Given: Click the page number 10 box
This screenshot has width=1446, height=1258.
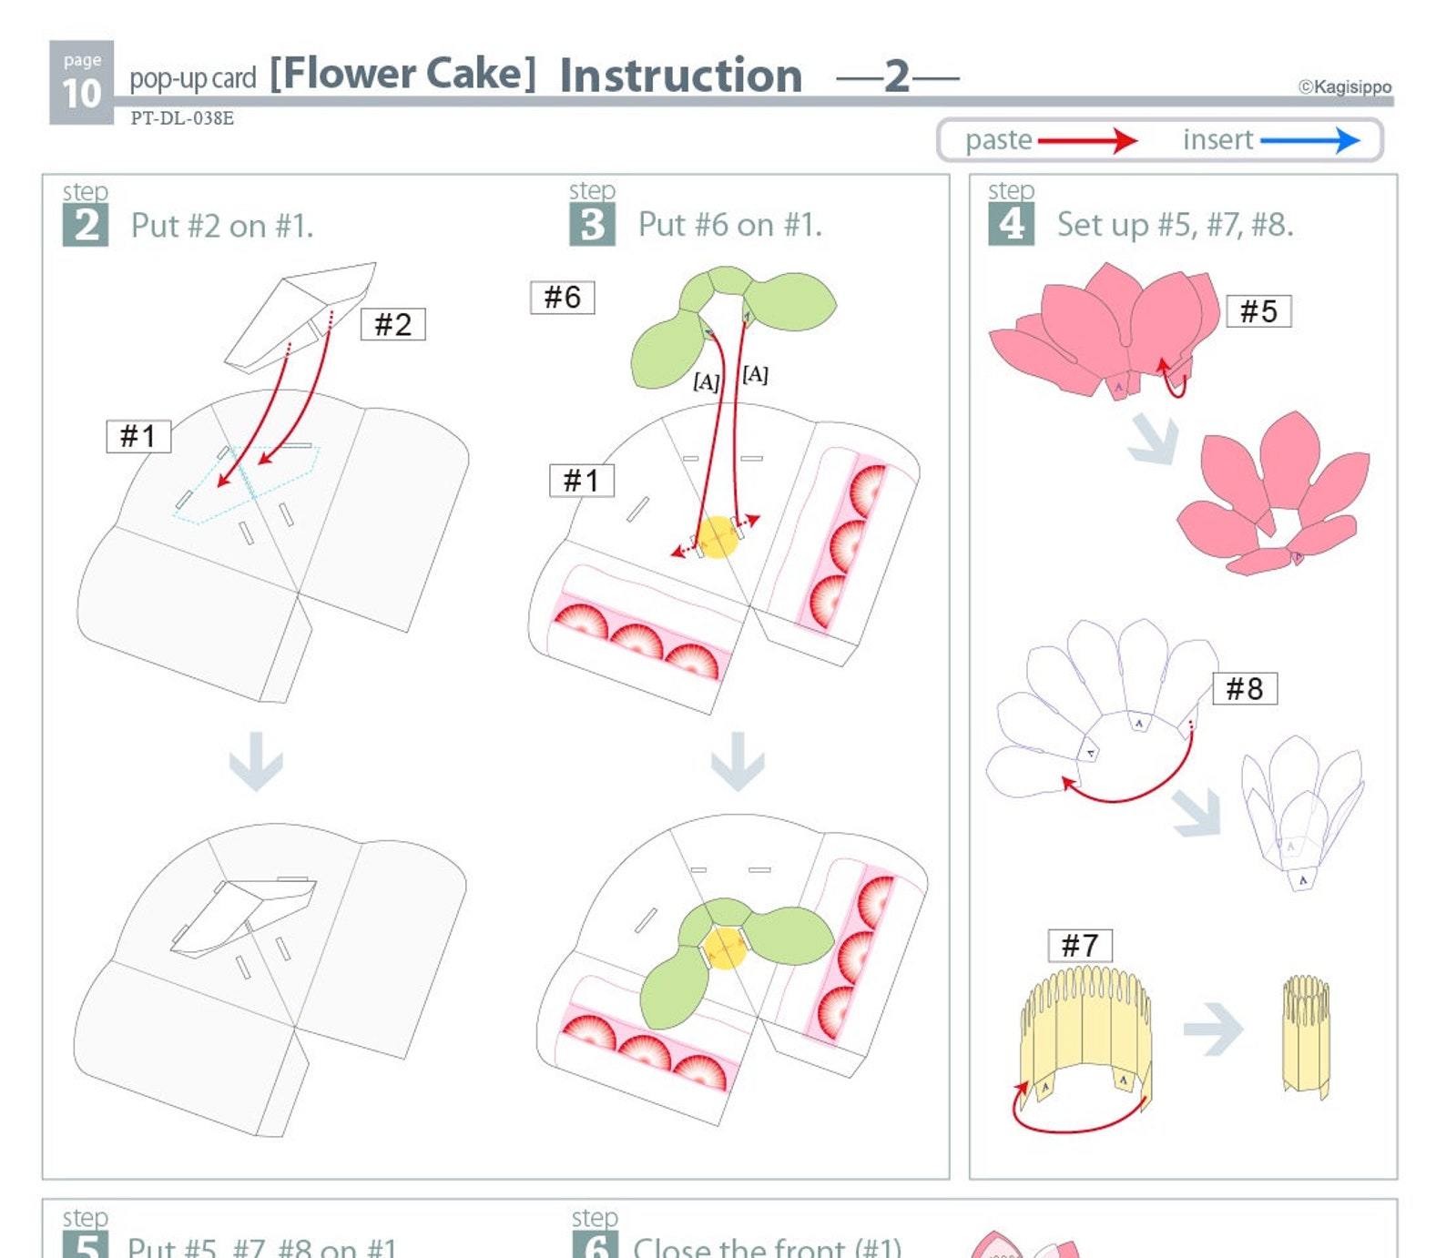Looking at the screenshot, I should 81,82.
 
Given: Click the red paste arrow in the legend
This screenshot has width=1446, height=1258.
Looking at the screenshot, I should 1087,140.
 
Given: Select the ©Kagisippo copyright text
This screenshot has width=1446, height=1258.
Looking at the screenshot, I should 1344,86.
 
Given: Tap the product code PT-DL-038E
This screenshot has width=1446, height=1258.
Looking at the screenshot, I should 182,118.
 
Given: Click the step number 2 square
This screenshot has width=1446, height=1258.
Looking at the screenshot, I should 86,225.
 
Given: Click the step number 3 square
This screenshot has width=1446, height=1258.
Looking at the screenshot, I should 592,224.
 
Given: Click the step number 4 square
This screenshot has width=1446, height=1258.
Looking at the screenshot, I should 1011,224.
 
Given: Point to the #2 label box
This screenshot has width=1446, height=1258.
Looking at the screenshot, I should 393,324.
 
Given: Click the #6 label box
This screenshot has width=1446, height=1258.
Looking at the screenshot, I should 562,297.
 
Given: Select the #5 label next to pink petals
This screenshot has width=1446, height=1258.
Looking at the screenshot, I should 1258,311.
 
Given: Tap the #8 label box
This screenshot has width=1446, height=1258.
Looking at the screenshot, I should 1244,688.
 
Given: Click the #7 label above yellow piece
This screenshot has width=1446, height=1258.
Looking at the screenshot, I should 1080,945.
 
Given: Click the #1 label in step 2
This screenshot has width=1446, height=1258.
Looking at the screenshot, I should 138,436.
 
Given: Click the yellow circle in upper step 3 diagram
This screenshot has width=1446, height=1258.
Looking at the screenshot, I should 718,537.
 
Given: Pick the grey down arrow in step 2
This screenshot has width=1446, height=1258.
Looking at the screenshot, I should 256,760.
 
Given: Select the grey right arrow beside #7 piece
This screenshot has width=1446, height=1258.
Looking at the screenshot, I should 1214,1029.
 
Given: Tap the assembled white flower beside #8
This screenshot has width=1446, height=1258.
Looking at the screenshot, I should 1302,810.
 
